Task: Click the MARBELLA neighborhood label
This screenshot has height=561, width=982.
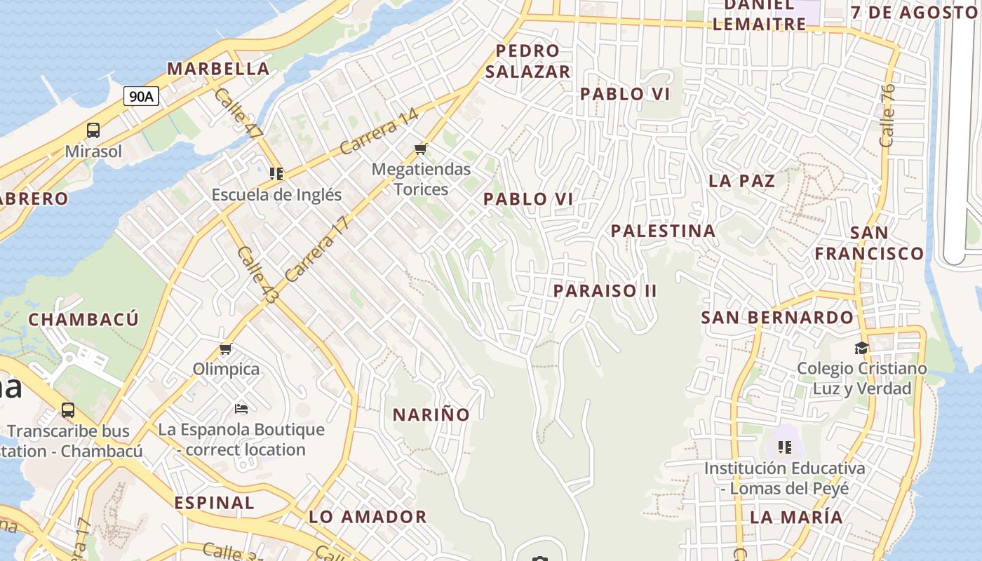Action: pos(218,69)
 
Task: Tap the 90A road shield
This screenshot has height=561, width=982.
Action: pos(141,96)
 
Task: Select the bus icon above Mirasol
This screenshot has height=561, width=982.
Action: pos(93,130)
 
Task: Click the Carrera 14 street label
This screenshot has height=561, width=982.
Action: pos(379,131)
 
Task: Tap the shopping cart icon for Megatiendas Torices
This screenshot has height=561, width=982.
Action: pos(421,148)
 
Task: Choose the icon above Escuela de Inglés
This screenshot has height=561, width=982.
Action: pos(276,173)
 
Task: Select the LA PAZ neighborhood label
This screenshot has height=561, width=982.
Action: pos(741,181)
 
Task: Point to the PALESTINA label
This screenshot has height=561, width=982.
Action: pos(663,231)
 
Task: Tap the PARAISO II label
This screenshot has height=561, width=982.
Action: pos(605,290)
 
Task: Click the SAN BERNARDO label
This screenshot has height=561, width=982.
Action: pos(777,318)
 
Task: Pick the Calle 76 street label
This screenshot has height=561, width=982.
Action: pos(887,115)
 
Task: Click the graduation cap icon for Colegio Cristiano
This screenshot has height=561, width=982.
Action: pos(861,348)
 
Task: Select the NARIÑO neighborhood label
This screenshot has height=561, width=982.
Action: pos(431,414)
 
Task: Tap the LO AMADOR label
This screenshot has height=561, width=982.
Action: pos(368,518)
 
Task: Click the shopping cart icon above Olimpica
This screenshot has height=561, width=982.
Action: pos(226,349)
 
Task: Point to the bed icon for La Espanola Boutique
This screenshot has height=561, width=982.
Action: pos(241,409)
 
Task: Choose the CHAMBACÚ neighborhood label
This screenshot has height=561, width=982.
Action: pos(83,320)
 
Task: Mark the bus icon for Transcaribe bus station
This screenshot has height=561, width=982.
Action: pos(68,410)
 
